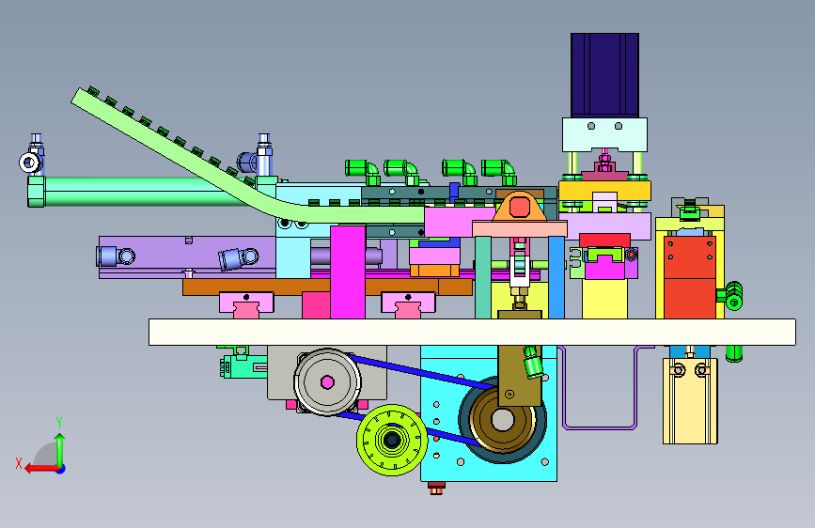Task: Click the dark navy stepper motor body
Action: click(x=604, y=75)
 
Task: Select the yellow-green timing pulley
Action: click(x=392, y=440)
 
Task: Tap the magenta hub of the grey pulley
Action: click(x=327, y=382)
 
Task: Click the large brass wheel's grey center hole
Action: click(x=503, y=420)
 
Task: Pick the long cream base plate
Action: click(x=472, y=332)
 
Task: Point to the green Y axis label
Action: click(x=59, y=422)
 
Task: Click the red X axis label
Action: click(x=19, y=463)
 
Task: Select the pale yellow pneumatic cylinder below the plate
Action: click(x=690, y=400)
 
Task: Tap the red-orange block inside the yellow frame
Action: click(x=690, y=276)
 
